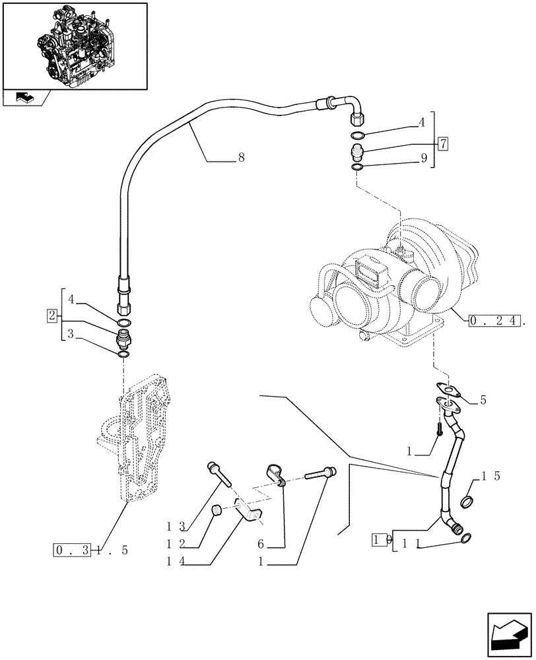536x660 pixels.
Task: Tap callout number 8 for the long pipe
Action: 242,158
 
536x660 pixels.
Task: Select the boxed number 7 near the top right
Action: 442,143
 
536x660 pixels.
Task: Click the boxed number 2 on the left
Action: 53,315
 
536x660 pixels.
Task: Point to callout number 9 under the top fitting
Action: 423,158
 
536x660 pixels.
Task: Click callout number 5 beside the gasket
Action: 483,399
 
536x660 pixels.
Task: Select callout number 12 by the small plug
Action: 176,545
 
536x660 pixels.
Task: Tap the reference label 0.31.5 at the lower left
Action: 86,550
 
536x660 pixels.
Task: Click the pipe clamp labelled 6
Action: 274,474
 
